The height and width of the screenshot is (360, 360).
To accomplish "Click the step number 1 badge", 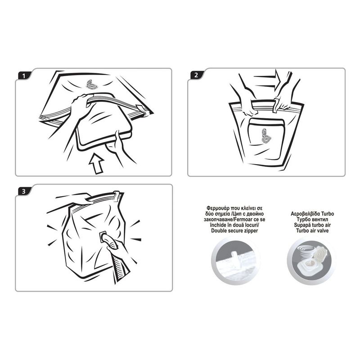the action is [x=24, y=76].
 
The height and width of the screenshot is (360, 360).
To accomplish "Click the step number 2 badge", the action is [x=196, y=75].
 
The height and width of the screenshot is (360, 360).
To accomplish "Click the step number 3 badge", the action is [x=24, y=191].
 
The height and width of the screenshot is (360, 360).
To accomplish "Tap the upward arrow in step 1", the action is [x=96, y=164].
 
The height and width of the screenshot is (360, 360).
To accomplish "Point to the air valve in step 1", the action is [x=92, y=85].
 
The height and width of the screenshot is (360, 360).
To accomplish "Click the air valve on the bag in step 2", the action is [x=265, y=136].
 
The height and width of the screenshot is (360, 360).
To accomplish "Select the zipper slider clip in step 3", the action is [x=117, y=196].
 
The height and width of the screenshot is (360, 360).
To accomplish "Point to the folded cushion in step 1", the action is [x=104, y=121].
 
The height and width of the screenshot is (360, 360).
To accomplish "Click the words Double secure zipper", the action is [x=234, y=230].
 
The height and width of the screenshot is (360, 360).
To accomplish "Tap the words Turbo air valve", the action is [x=312, y=230].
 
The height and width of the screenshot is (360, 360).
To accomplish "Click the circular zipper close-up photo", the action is [x=235, y=261].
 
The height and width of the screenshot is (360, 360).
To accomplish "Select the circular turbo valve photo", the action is [x=311, y=261].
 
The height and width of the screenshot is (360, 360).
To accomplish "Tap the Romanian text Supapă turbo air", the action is [x=312, y=225].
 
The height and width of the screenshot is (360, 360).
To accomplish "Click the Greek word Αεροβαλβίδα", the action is [x=306, y=214].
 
